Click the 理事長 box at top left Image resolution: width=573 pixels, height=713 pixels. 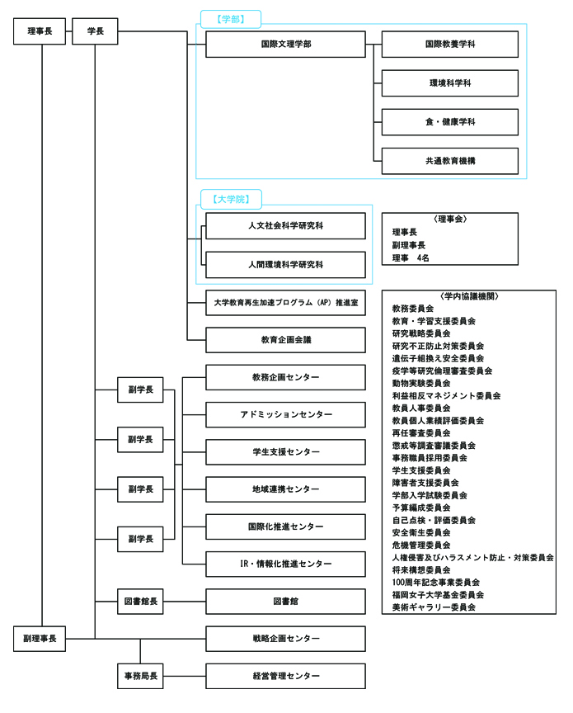[x=40, y=32]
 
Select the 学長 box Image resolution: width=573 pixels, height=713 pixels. [x=95, y=32]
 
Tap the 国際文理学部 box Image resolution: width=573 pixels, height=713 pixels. [x=285, y=45]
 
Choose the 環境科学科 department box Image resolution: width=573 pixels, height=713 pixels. [x=450, y=83]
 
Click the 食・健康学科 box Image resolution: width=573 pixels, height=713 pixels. [x=450, y=122]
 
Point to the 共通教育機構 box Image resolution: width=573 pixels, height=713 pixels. [x=450, y=161]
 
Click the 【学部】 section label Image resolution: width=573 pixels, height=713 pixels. [x=232, y=18]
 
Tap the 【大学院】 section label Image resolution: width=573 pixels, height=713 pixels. [x=232, y=199]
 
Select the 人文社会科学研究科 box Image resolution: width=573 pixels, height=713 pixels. [x=285, y=226]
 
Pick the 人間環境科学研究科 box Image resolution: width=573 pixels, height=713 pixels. [x=285, y=265]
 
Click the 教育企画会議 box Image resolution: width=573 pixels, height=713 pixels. [x=285, y=340]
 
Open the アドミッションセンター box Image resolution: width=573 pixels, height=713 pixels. [x=285, y=414]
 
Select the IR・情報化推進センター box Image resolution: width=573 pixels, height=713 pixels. [x=285, y=564]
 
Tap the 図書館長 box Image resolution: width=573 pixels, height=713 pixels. [x=140, y=602]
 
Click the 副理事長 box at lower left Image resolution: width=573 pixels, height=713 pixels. [x=40, y=639]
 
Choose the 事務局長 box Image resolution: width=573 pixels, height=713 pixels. [x=140, y=676]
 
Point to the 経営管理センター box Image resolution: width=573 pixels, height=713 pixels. [x=285, y=676]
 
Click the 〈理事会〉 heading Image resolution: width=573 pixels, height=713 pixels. [x=450, y=220]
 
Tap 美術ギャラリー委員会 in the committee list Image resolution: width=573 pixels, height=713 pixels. [x=434, y=607]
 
